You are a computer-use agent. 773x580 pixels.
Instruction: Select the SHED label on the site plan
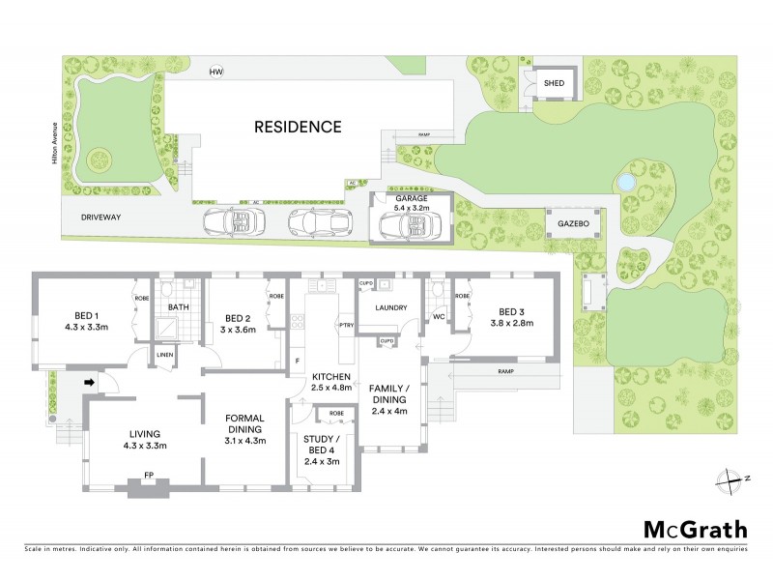point(554,83)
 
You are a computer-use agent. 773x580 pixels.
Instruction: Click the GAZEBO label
point(574,223)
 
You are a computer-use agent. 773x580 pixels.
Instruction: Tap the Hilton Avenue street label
point(58,145)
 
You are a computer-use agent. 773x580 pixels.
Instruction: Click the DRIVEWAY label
point(100,218)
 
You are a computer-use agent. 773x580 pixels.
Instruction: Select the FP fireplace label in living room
point(148,475)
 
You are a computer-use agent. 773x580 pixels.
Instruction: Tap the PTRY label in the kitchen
point(345,324)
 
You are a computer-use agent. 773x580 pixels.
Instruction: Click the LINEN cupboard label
point(164,357)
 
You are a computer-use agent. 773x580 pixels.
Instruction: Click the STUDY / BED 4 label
point(322,442)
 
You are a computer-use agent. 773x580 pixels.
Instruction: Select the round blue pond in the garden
point(625,181)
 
